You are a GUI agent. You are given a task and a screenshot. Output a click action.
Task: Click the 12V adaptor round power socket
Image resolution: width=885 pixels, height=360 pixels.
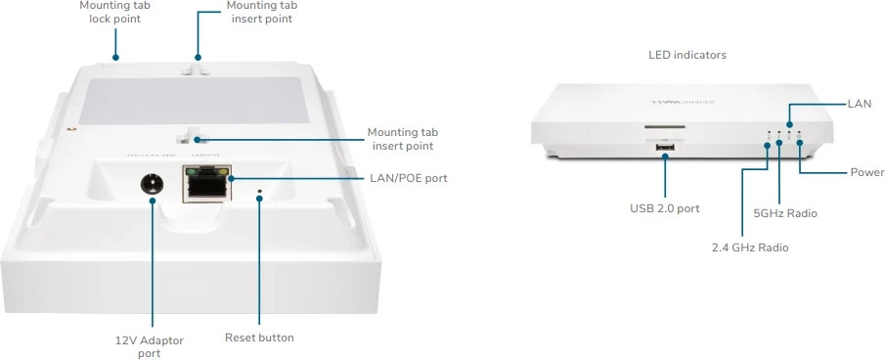(152, 184)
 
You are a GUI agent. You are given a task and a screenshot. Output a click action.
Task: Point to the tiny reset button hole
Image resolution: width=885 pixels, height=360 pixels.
(259, 192)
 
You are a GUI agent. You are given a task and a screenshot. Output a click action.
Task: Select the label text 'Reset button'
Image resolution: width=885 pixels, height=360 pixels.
(259, 337)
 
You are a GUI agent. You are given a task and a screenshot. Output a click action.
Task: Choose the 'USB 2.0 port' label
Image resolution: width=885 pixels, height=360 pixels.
(664, 208)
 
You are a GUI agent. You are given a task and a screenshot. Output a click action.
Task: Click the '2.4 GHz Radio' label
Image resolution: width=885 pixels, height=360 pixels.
(749, 247)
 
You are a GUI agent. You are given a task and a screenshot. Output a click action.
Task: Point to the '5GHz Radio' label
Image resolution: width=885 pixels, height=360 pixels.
(785, 212)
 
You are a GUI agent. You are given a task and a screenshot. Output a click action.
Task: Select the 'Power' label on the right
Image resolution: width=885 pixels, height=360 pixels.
(866, 172)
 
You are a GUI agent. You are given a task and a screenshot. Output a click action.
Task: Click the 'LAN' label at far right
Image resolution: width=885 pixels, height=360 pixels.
(861, 103)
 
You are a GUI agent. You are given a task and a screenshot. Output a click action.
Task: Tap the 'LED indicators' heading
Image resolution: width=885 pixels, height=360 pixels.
(687, 56)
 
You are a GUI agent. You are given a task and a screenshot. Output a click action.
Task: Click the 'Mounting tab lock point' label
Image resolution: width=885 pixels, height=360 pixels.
(114, 12)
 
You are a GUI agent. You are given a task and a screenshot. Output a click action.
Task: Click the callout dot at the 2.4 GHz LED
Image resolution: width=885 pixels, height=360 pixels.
(768, 146)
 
